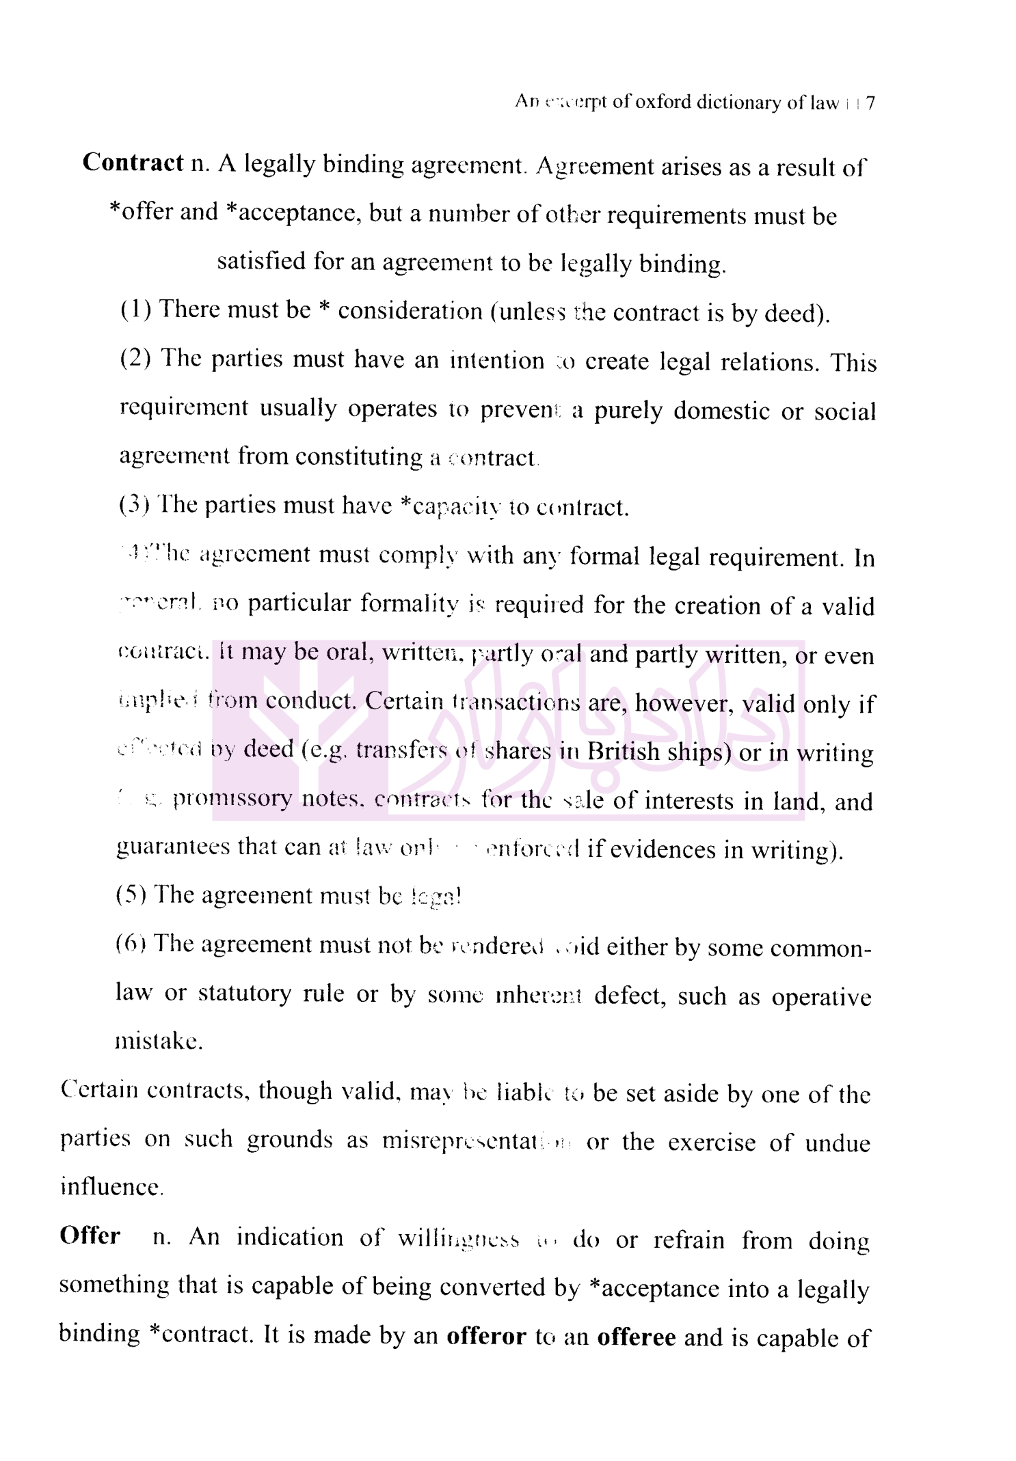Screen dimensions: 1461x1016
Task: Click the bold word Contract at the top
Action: (133, 163)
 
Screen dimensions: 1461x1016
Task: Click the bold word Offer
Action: (90, 1236)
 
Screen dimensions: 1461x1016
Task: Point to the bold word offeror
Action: (486, 1337)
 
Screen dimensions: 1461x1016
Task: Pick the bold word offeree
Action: (636, 1337)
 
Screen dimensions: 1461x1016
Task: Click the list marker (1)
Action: (135, 310)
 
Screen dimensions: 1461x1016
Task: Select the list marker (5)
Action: (131, 895)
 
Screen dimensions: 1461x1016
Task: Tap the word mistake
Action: (159, 1041)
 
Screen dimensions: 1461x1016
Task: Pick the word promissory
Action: (232, 799)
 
